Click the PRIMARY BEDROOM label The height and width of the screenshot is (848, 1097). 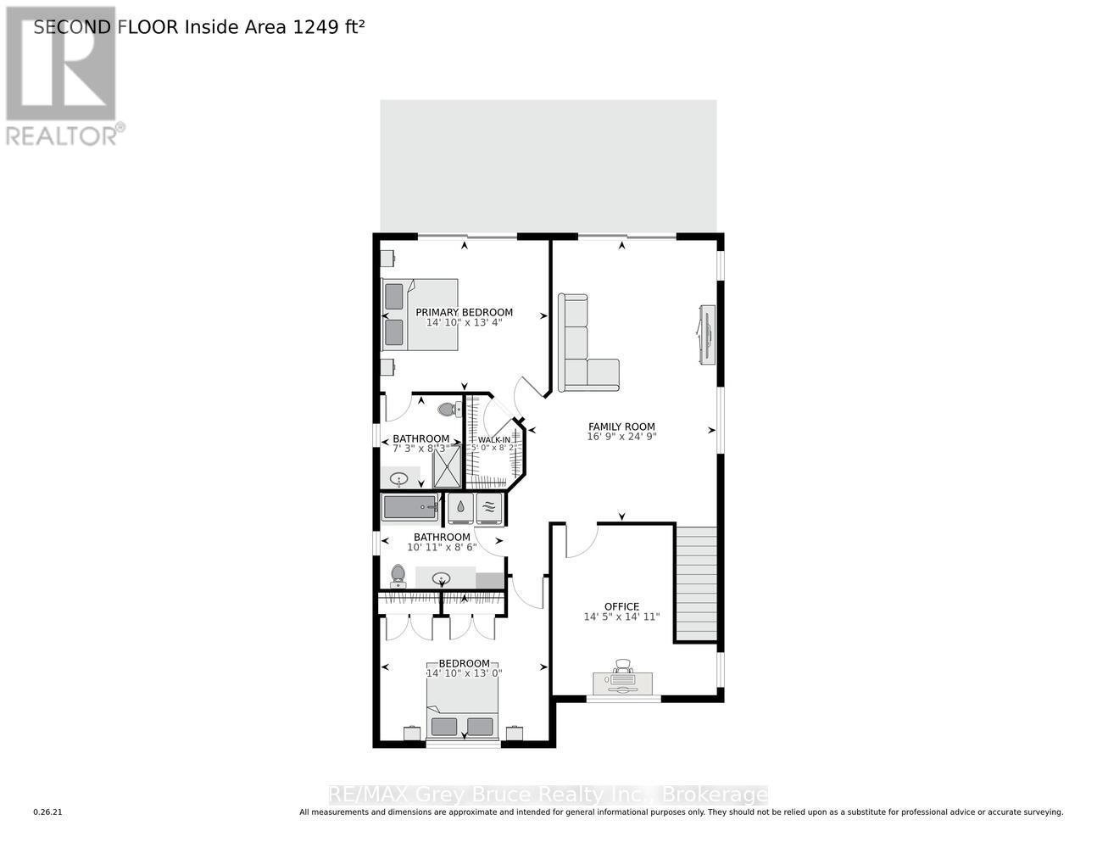pyautogui.click(x=464, y=312)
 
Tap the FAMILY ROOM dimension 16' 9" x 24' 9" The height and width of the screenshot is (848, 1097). pyautogui.click(x=621, y=437)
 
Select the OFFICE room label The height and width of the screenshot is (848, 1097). pyautogui.click(x=621, y=606)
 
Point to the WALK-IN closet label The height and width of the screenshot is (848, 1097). pyautogui.click(x=494, y=440)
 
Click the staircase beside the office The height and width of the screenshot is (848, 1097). pyautogui.click(x=695, y=583)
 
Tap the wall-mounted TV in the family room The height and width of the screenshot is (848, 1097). pyautogui.click(x=705, y=335)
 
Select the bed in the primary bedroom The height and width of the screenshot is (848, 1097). pyautogui.click(x=420, y=314)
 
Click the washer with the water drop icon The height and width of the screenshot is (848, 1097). pyautogui.click(x=459, y=508)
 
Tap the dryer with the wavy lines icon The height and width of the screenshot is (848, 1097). pyautogui.click(x=489, y=508)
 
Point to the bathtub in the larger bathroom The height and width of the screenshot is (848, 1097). pyautogui.click(x=409, y=508)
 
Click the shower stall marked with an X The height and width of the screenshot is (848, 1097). pyautogui.click(x=448, y=467)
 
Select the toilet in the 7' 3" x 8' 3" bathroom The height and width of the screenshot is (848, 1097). pyautogui.click(x=448, y=410)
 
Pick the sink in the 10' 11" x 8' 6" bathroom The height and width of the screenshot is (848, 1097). pyautogui.click(x=441, y=579)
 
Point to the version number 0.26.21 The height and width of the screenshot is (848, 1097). pyautogui.click(x=47, y=812)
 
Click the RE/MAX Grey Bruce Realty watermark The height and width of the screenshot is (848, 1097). pyautogui.click(x=548, y=795)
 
